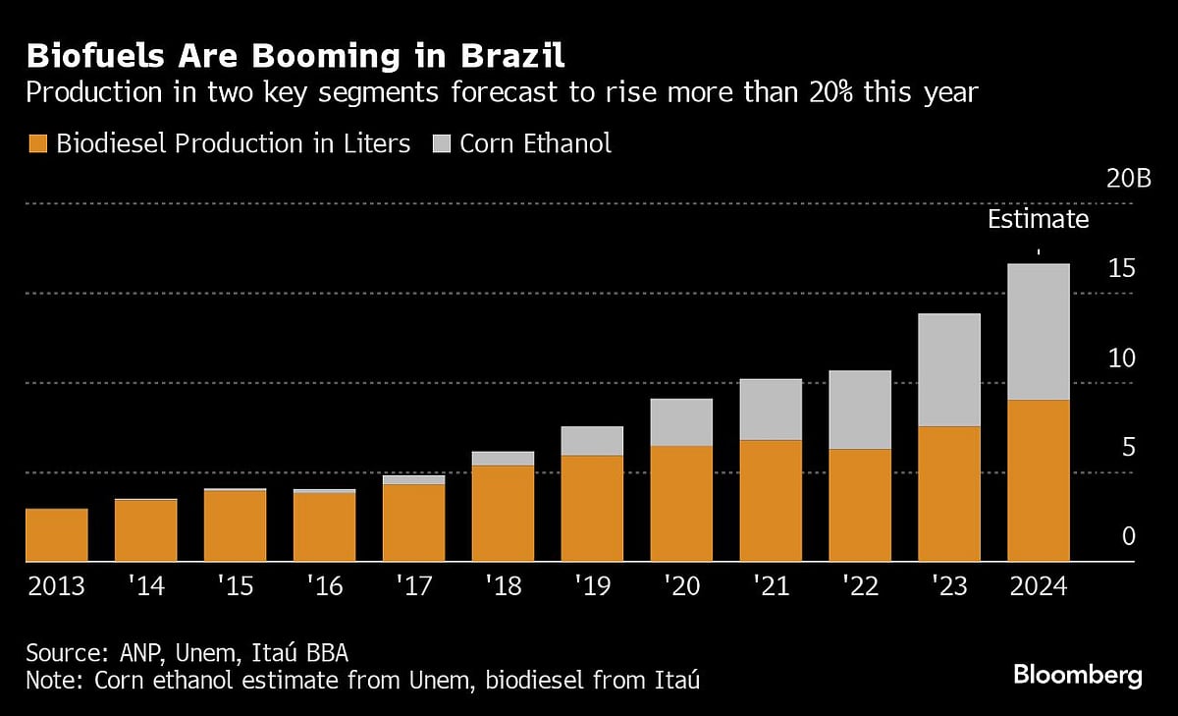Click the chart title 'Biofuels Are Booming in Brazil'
coord(295,53)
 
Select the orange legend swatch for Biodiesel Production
coord(37,144)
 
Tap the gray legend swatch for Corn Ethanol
coord(441,144)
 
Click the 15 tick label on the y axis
coord(1121,268)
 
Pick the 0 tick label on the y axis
coord(1128,536)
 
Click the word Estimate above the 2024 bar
coord(1038,219)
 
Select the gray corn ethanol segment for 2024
coord(1038,332)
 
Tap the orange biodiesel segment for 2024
coord(1038,480)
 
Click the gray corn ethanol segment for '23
coord(948,370)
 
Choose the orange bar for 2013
coord(56,535)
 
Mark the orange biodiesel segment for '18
coord(503,513)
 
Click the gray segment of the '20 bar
coord(681,422)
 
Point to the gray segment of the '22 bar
coord(860,410)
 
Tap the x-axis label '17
coord(413,586)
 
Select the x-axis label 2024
coord(1038,586)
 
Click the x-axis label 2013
coord(56,586)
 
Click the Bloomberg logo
coord(1077,676)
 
